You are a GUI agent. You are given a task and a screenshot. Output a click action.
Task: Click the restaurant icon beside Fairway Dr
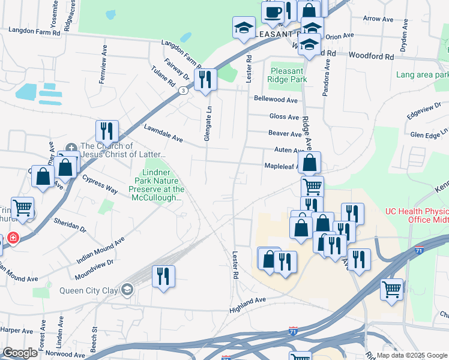click(205, 79)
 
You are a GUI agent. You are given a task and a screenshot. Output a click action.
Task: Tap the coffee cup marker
click(273, 12)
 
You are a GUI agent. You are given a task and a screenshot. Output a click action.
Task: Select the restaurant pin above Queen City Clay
click(163, 276)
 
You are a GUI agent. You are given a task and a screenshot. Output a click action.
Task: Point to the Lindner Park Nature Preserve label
click(157, 185)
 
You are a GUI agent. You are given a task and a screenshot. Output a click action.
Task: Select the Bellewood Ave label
click(276, 100)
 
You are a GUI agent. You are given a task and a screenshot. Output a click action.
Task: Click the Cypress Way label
click(100, 184)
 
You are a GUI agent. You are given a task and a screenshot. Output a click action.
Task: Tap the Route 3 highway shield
click(181, 90)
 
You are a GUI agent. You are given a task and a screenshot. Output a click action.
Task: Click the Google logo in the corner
click(20, 353)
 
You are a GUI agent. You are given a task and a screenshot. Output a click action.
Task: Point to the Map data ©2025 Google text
click(412, 355)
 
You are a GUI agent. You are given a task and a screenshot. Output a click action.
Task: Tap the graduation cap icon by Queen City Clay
click(127, 291)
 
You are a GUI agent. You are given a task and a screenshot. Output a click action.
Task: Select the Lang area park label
click(422, 75)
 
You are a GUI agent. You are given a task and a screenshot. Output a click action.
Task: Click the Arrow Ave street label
click(381, 19)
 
